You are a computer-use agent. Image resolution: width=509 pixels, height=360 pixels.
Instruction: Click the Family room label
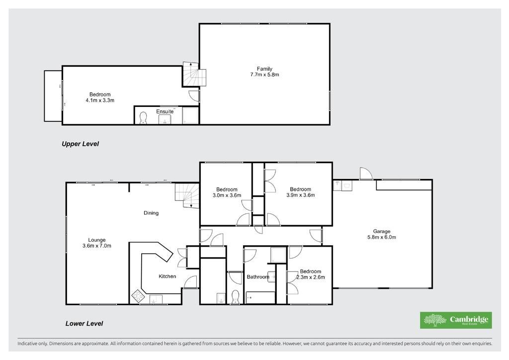pyautogui.click(x=264, y=69)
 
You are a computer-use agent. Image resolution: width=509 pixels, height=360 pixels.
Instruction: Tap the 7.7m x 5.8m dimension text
pyautogui.click(x=264, y=75)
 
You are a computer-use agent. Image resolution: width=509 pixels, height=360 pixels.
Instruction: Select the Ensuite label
pyautogui.click(x=165, y=112)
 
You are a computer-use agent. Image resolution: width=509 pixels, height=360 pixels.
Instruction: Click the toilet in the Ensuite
pyautogui.click(x=143, y=118)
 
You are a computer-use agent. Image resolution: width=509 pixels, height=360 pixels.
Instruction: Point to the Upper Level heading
pyautogui.click(x=80, y=144)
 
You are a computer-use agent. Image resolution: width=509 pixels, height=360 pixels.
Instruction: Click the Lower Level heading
pyautogui.click(x=84, y=323)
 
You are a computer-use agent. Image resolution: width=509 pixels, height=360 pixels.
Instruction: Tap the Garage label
pyautogui.click(x=381, y=231)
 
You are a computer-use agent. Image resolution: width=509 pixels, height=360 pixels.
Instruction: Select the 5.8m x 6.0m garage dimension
pyautogui.click(x=381, y=237)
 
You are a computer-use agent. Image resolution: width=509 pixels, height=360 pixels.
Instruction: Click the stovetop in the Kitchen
pyautogui.click(x=138, y=295)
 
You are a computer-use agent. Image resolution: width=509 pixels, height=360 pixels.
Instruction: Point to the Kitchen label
pyautogui.click(x=167, y=276)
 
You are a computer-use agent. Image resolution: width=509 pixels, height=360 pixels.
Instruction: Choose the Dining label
pyautogui.click(x=151, y=213)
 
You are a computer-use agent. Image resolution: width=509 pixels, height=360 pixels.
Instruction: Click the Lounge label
pyautogui.click(x=97, y=240)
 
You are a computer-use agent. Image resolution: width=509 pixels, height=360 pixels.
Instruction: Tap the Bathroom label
pyautogui.click(x=258, y=277)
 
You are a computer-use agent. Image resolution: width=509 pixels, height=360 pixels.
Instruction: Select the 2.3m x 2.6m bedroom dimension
pyautogui.click(x=311, y=277)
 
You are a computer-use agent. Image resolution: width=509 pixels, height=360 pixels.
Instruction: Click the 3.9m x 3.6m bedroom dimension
pyautogui.click(x=301, y=195)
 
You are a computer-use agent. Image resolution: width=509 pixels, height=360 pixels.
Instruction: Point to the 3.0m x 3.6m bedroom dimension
pyautogui.click(x=227, y=195)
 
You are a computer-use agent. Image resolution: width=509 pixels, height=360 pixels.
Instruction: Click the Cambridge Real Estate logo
pyautogui.click(x=456, y=320)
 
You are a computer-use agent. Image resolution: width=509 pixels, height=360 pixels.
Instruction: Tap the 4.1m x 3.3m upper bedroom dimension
pyautogui.click(x=100, y=100)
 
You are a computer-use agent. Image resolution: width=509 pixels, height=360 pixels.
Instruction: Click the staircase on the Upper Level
pyautogui.click(x=194, y=74)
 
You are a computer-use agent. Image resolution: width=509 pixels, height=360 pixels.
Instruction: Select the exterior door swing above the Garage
pyautogui.click(x=366, y=174)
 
